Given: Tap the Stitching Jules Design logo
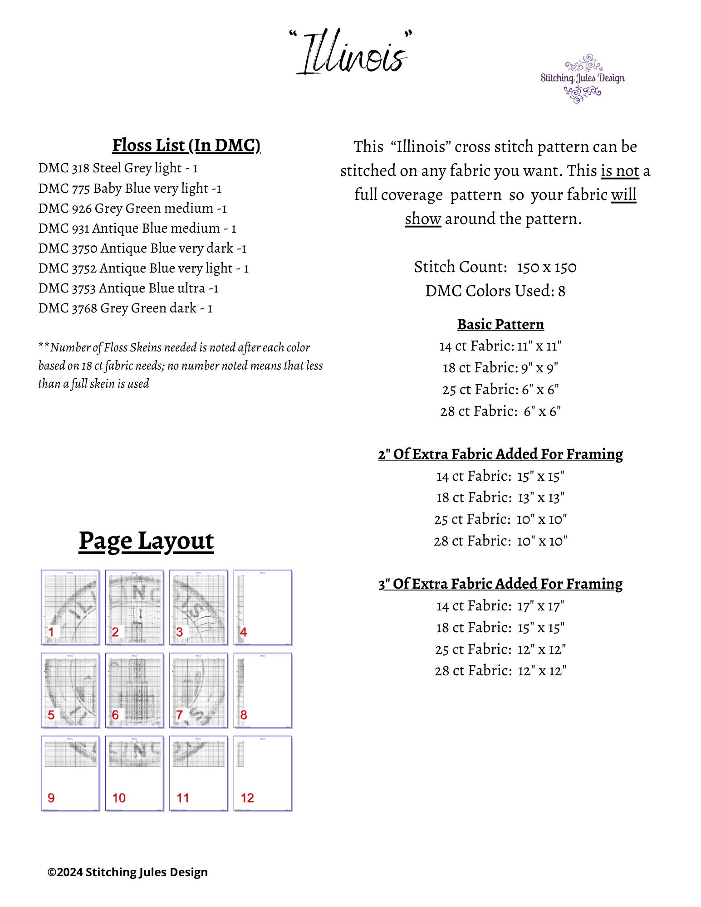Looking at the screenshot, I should (x=583, y=78).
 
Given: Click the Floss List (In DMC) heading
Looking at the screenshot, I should (x=186, y=146).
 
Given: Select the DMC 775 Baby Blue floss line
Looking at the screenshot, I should (x=130, y=188).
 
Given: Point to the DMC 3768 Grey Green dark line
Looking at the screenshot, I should (x=125, y=308).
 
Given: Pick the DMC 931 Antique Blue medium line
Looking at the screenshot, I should (x=137, y=228).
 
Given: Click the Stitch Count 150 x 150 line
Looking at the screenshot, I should (x=495, y=267).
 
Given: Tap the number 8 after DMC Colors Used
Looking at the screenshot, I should (x=562, y=291).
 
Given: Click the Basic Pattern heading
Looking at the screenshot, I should (x=500, y=324).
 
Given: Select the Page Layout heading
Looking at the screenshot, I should (x=146, y=541).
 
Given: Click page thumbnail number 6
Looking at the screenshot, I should (x=134, y=690).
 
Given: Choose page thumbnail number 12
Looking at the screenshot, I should (x=263, y=773).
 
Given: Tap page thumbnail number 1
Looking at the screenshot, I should (x=70, y=607).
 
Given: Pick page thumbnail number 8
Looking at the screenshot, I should (x=263, y=690).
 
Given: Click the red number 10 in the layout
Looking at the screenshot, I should (x=119, y=798).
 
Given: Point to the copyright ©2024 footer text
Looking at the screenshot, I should (x=127, y=872).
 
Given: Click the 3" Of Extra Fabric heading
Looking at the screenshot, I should (x=500, y=584).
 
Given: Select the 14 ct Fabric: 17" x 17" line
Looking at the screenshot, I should (x=500, y=606).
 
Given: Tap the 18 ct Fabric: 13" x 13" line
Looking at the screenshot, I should (x=500, y=497).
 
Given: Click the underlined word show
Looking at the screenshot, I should (x=423, y=219).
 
